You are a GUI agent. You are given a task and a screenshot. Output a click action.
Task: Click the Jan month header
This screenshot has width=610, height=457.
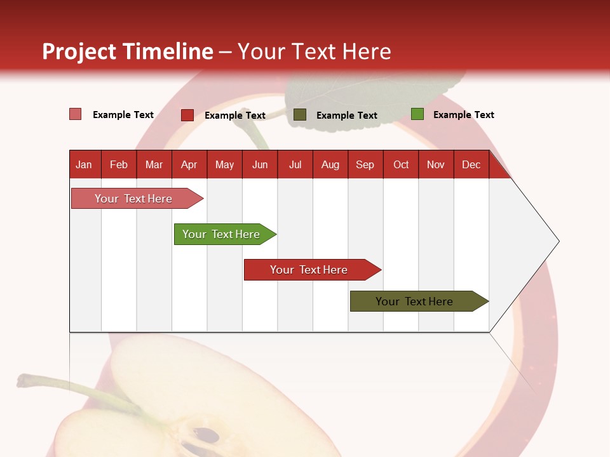tap(84, 164)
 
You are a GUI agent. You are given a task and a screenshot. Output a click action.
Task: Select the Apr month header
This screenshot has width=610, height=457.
tap(189, 164)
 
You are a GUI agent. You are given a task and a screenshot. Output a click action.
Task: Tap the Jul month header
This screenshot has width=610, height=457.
tap(295, 164)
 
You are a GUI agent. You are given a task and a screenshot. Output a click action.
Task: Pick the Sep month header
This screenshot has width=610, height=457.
tap(365, 164)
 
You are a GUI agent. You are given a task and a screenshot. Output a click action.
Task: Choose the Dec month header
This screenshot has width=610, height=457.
tap(471, 164)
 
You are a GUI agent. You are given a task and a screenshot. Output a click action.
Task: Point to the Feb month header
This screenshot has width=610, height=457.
tap(119, 164)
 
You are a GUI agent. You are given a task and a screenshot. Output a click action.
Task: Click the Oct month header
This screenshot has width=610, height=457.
tap(401, 164)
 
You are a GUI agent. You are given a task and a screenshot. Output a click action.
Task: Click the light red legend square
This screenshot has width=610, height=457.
tap(75, 114)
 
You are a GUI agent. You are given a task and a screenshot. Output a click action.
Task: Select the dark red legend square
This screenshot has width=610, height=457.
tap(187, 115)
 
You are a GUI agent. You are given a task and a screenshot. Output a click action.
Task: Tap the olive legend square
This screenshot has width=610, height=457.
tap(300, 114)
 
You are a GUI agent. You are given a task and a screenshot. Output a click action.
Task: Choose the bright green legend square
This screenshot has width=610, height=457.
tap(417, 114)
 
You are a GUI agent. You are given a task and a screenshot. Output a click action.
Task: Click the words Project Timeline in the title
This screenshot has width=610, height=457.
tap(128, 51)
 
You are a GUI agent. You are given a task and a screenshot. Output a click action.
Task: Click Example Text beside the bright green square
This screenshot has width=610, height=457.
tap(463, 115)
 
